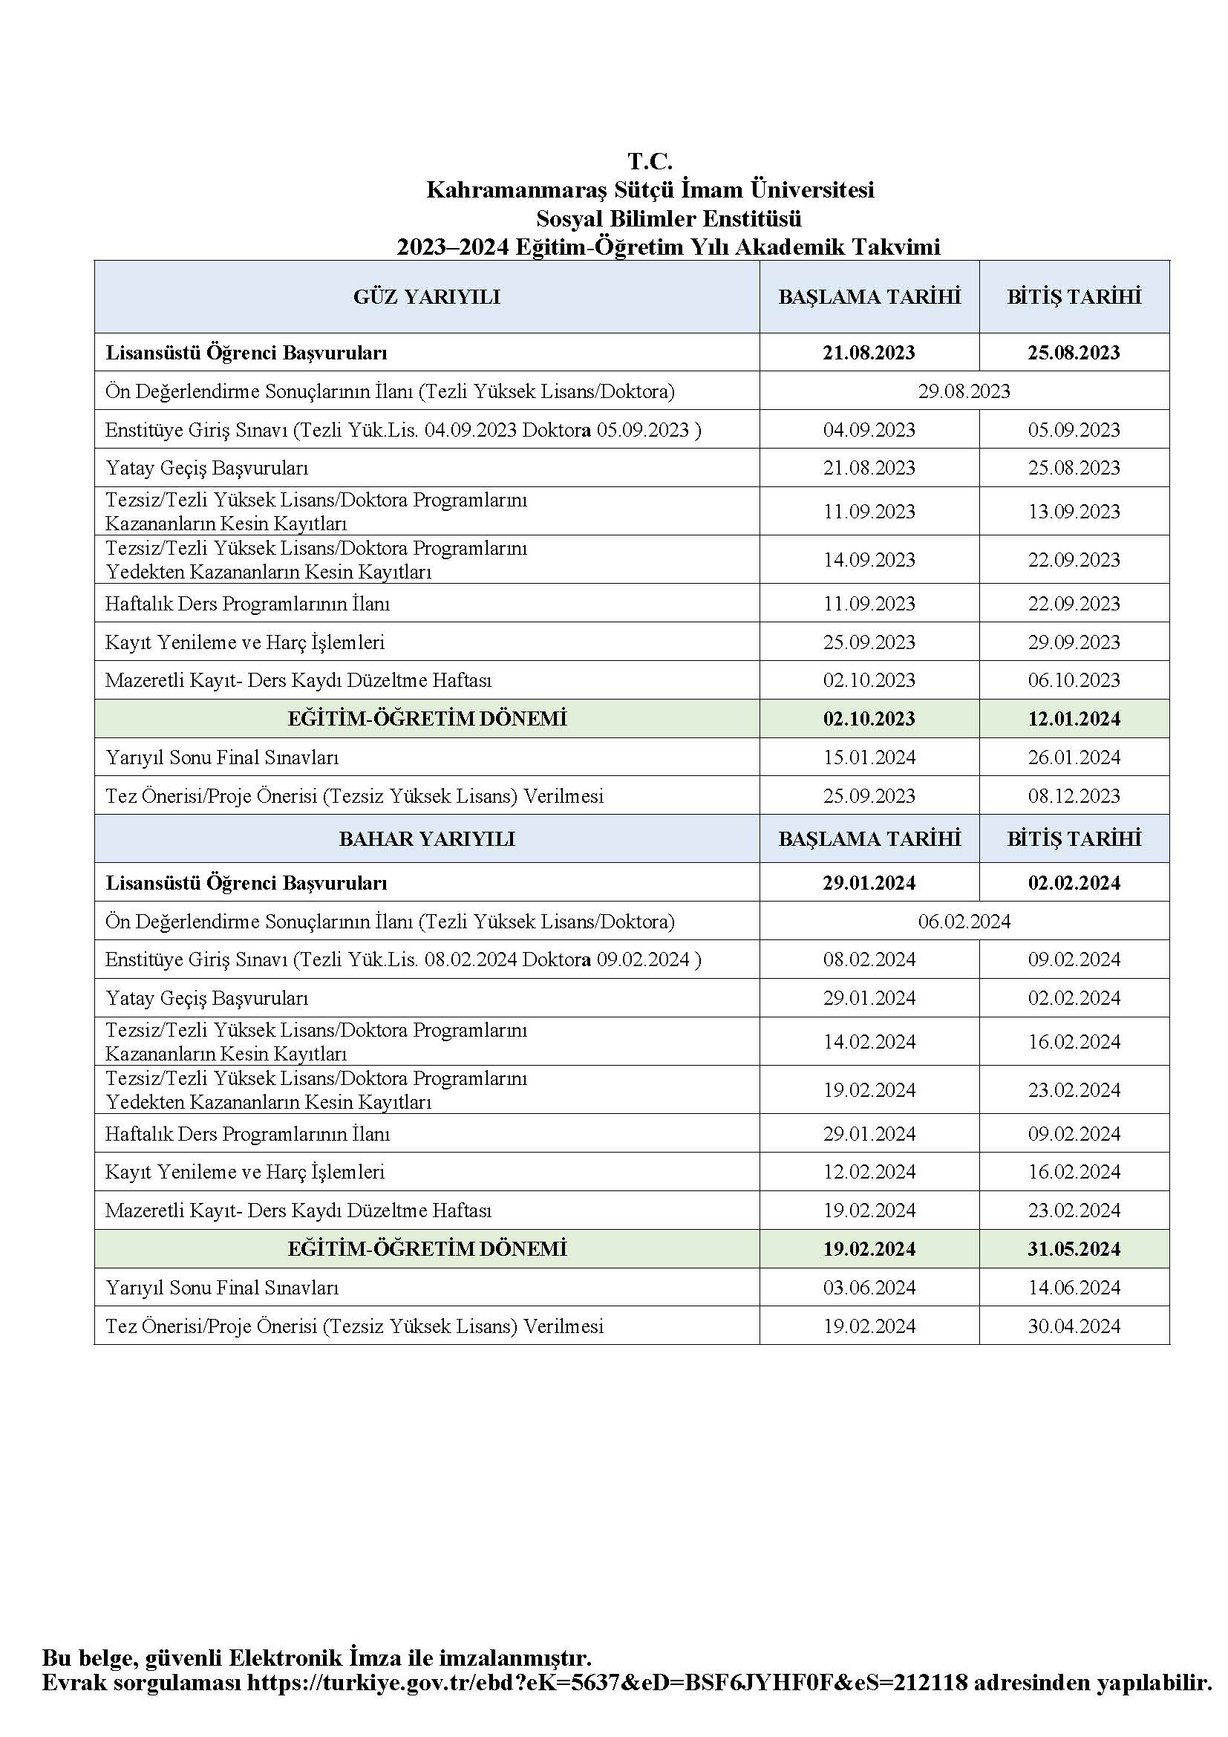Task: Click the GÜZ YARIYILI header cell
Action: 426,296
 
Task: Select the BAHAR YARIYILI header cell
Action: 426,838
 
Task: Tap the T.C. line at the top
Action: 650,161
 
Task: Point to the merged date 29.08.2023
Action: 964,391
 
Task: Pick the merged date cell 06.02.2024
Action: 964,922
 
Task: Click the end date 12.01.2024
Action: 1074,718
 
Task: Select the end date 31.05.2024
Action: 1074,1248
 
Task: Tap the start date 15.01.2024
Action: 869,757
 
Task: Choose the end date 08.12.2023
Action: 1074,796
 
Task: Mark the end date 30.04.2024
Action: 1074,1326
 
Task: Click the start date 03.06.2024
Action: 869,1288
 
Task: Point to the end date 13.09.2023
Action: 1074,512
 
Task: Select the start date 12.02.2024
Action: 869,1172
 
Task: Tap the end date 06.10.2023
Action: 1074,680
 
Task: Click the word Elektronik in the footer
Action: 284,1680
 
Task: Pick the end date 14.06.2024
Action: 1074,1288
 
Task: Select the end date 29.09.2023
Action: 1074,642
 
